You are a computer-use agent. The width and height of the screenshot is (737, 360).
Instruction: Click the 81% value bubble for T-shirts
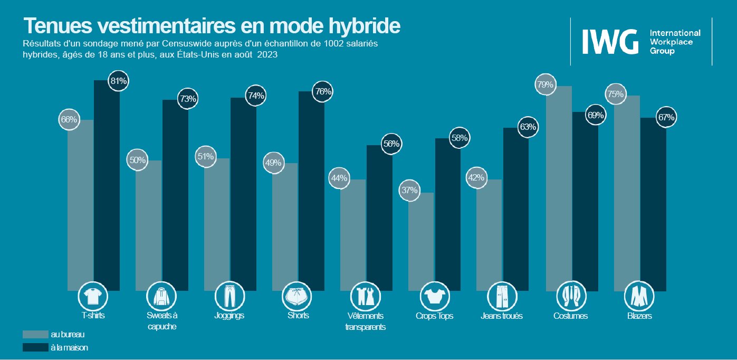point(118,81)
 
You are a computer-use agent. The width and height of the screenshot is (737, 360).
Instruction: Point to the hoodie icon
point(161,297)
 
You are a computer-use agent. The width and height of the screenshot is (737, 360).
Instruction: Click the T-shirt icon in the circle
point(93,297)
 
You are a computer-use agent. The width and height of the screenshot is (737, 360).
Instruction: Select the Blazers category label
point(639,316)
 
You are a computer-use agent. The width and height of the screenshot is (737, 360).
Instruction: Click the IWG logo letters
point(609,42)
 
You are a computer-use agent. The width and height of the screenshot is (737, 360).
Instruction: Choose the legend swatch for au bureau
point(35,335)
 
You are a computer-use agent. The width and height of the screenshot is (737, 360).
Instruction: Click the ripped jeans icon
point(502,297)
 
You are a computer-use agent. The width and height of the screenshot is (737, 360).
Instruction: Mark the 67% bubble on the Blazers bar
point(666,118)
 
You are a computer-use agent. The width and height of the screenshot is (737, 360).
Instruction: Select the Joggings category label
point(229,316)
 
